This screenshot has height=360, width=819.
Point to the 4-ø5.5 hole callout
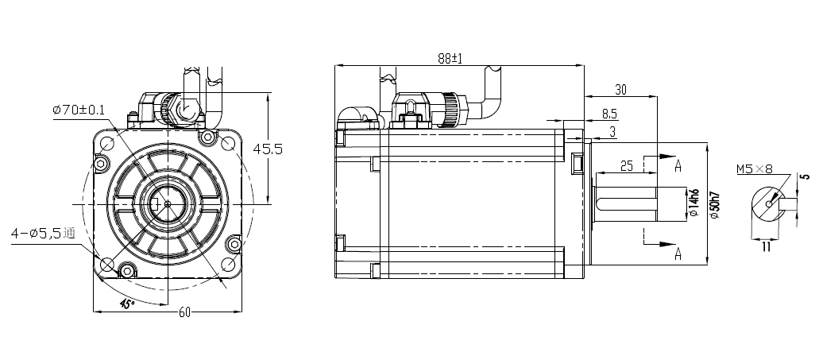pos(42,233)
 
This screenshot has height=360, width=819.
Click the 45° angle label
pos(126,304)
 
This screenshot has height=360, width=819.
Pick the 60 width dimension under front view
pos(184,312)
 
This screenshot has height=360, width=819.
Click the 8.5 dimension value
pos(609,114)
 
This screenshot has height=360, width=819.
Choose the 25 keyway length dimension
pos(625,165)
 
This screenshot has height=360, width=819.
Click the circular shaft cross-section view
pos(767,204)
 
